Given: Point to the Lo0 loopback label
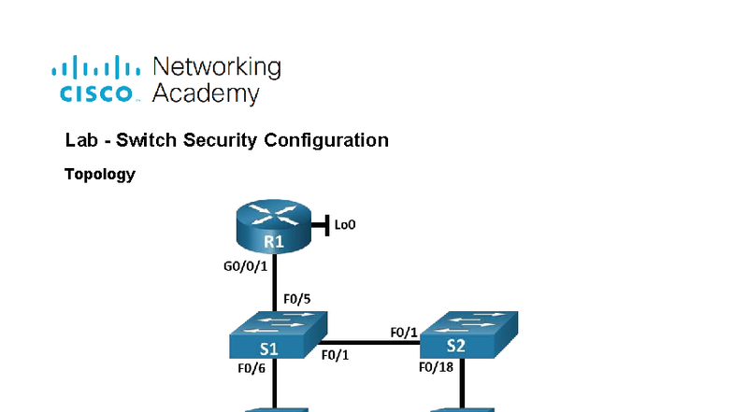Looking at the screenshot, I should coord(345,224).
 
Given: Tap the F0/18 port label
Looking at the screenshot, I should coord(436,368).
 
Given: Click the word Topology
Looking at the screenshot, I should coord(100,174).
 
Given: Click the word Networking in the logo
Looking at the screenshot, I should coord(216,67).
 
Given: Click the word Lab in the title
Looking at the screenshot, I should coord(80,141).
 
